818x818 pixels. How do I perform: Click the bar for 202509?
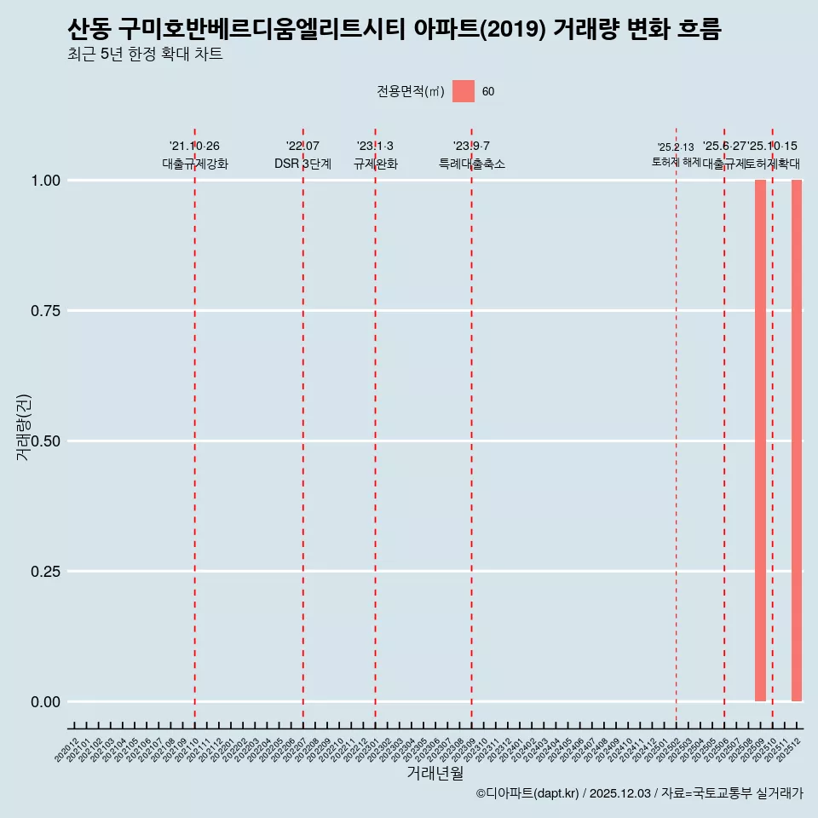click(760, 441)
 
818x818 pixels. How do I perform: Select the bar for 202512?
click(797, 441)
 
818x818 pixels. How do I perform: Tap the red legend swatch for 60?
click(463, 91)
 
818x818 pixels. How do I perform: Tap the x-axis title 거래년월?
click(435, 774)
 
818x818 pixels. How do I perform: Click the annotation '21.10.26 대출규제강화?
click(194, 155)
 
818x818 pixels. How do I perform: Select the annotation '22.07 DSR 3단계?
click(302, 155)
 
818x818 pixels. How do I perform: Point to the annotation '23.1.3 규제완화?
click(375, 155)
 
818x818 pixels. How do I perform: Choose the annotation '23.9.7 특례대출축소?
click(471, 155)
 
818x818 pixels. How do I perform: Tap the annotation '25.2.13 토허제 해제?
click(676, 154)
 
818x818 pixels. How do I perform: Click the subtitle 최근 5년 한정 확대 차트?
click(145, 55)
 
